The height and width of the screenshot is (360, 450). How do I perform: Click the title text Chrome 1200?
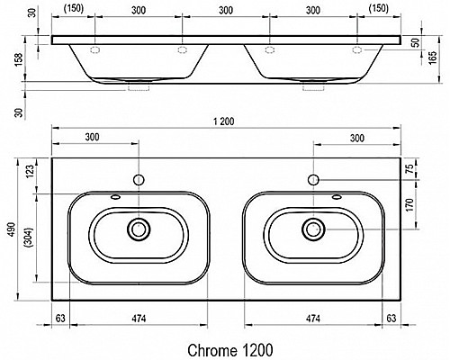229,346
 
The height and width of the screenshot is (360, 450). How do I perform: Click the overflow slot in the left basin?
115,197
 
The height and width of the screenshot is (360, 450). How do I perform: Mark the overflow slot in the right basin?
337,197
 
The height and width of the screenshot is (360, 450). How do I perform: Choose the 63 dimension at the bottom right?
391,317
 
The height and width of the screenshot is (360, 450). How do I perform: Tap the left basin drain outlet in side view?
139,89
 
